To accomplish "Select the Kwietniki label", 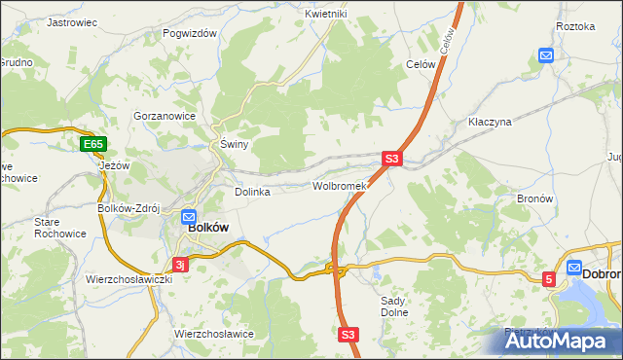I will pos(325,14).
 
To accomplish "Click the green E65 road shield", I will pos(93,145).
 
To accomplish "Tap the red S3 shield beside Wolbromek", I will pos(391,158).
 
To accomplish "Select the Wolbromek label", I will pos(338,186).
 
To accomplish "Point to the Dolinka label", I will pos(252,192).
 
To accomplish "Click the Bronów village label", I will pos(535,198).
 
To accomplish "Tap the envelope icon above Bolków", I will pos(189,219).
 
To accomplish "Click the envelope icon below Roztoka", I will pos(546,55).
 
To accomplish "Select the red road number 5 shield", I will pos(548,279).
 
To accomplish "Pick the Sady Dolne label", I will pos(392,307).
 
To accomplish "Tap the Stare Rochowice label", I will pos(60,228).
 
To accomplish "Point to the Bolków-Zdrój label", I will pos(128,208).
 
